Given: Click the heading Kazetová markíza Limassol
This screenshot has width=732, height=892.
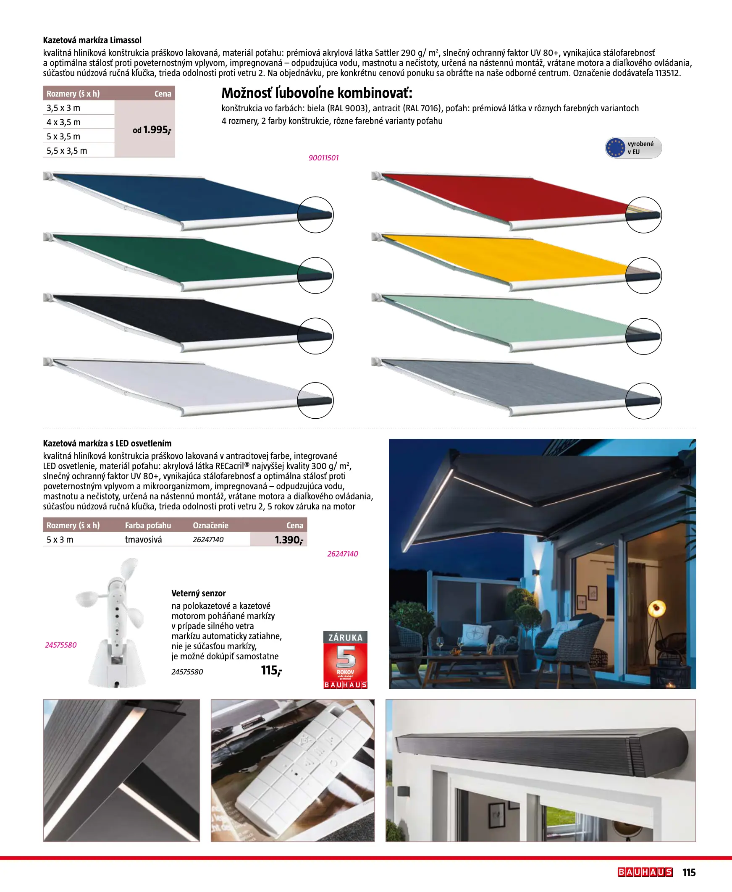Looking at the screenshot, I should pos(92,40).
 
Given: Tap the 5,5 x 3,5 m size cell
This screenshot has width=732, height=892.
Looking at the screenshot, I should pos(67,150).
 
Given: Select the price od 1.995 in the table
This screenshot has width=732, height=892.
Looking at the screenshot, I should pos(151,130).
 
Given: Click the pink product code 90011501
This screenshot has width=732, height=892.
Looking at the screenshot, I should pos(323,158).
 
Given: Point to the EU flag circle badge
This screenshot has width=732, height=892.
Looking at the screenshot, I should pos(615,148).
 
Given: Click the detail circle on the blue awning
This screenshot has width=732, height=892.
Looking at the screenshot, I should pos(315,215).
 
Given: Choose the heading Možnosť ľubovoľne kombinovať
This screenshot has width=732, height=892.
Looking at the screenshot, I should pos(317,93).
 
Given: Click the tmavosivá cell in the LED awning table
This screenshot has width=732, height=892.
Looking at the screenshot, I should pos(143,540).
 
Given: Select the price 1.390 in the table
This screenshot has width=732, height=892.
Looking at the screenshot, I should pos(289,540).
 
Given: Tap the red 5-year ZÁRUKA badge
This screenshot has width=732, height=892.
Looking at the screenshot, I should pos(345,659).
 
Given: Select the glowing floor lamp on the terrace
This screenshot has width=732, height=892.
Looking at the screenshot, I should pos(656,609).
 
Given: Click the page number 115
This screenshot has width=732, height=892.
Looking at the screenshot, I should pos(689,873).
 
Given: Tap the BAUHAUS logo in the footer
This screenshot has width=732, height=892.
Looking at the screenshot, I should pos(645,872).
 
